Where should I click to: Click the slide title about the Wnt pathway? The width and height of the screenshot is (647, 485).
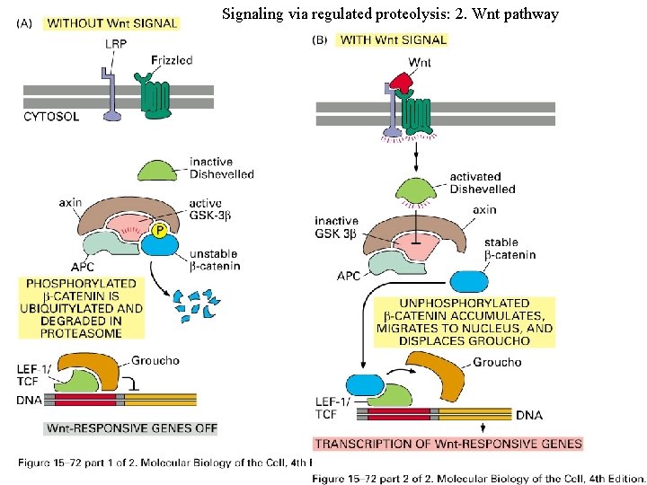click(389, 14)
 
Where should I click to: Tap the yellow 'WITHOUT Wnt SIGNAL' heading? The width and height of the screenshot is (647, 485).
click(111, 22)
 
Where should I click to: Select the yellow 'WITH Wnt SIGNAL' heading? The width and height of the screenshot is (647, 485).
click(393, 40)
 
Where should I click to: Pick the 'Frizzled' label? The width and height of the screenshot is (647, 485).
click(172, 60)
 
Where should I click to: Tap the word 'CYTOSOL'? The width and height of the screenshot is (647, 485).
click(51, 117)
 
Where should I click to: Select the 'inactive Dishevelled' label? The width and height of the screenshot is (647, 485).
click(221, 168)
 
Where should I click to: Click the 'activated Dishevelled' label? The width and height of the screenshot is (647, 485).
click(482, 183)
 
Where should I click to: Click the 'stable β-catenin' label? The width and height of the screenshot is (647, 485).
click(510, 249)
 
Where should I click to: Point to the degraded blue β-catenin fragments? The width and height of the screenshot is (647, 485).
click(197, 303)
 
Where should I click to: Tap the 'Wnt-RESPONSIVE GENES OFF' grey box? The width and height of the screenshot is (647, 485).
click(130, 428)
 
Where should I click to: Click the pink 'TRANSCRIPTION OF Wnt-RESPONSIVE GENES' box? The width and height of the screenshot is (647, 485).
click(448, 443)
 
